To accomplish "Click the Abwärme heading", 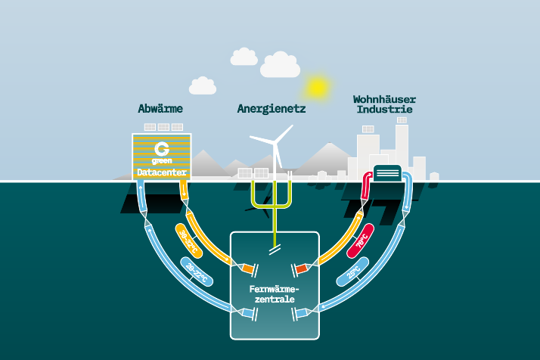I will pos(160,109).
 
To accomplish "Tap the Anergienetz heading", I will pos(272,109).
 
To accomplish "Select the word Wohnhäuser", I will pos(384,99).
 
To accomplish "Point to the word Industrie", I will pos(384,110).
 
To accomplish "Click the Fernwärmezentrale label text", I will pos(275,294).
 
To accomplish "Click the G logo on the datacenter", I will pos(160,147).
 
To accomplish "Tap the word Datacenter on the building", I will pos(161,173).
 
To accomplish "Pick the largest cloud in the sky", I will pos(280,66).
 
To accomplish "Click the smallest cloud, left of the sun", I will pos(202,86).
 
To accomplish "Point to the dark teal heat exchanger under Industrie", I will pos(388,173).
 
